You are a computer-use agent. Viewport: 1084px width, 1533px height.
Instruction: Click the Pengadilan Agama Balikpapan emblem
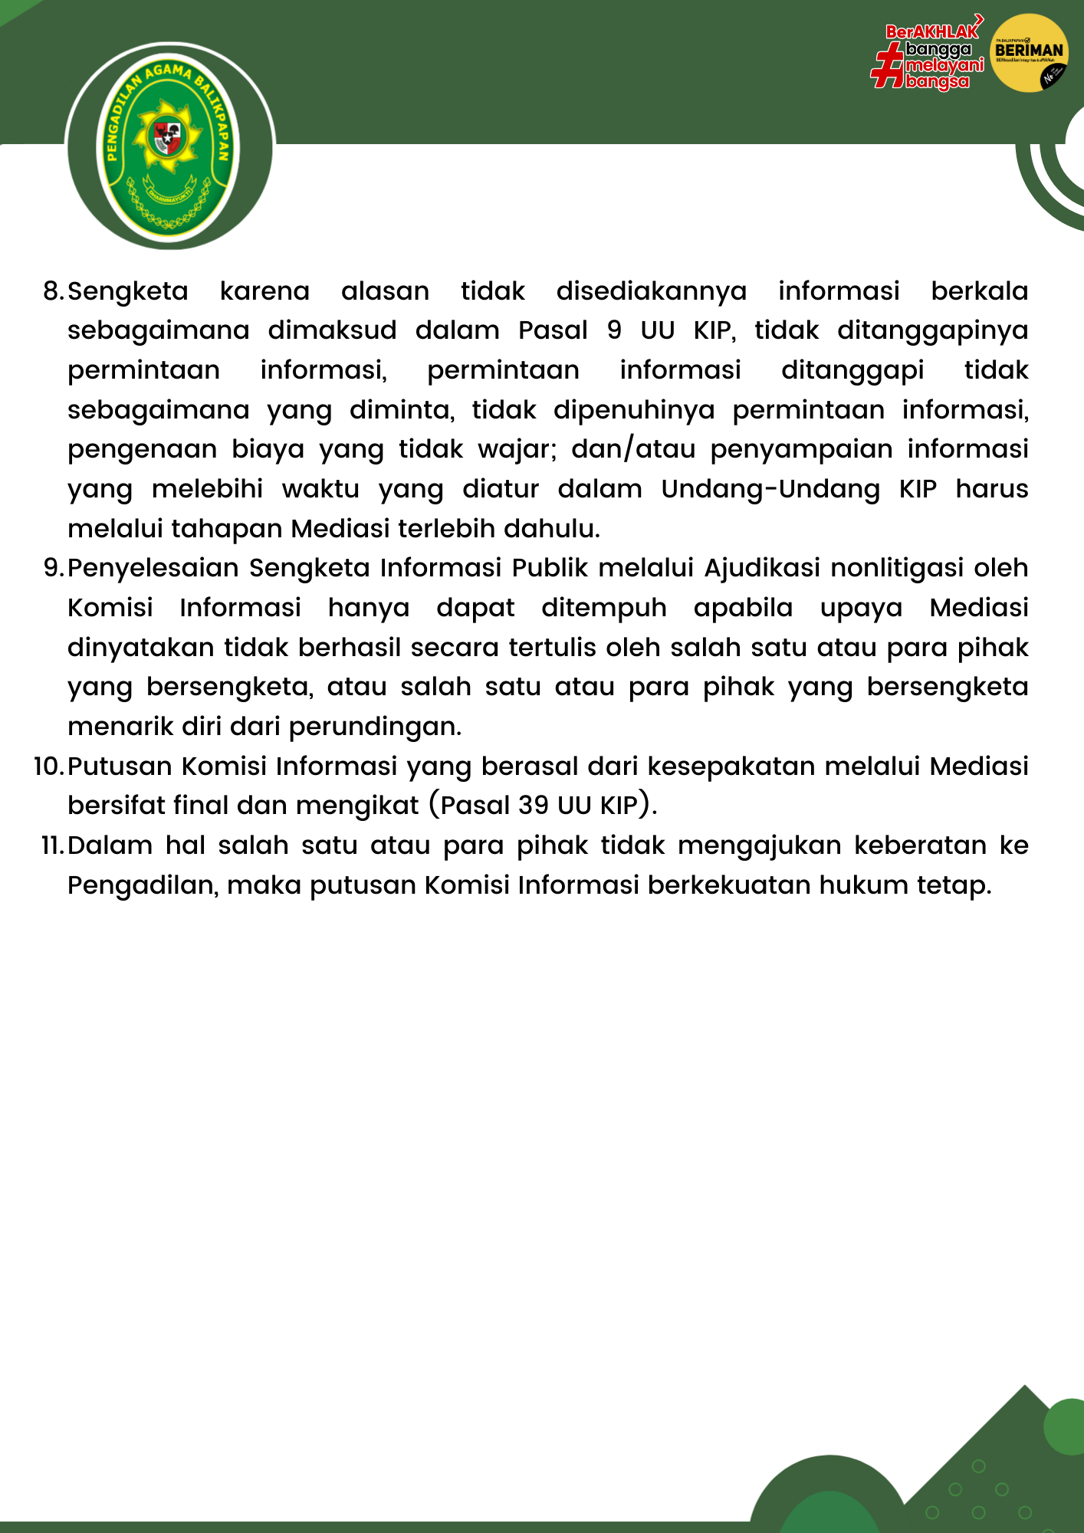[169, 146]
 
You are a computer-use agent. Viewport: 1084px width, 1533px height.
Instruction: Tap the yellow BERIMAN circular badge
[1029, 53]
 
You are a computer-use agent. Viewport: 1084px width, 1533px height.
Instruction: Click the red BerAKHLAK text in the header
[931, 31]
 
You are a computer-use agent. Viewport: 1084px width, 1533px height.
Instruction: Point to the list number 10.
[48, 766]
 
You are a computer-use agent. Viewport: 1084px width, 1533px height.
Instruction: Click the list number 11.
[51, 845]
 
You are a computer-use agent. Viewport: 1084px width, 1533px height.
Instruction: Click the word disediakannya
[651, 292]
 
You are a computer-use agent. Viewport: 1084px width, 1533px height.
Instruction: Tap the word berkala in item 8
[979, 291]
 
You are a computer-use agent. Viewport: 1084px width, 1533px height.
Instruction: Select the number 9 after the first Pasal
[614, 330]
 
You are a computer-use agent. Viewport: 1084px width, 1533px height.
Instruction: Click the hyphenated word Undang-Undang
[770, 489]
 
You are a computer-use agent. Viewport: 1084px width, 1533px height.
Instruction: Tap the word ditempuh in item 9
[604, 608]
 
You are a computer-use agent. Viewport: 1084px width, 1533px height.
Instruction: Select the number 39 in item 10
[534, 806]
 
